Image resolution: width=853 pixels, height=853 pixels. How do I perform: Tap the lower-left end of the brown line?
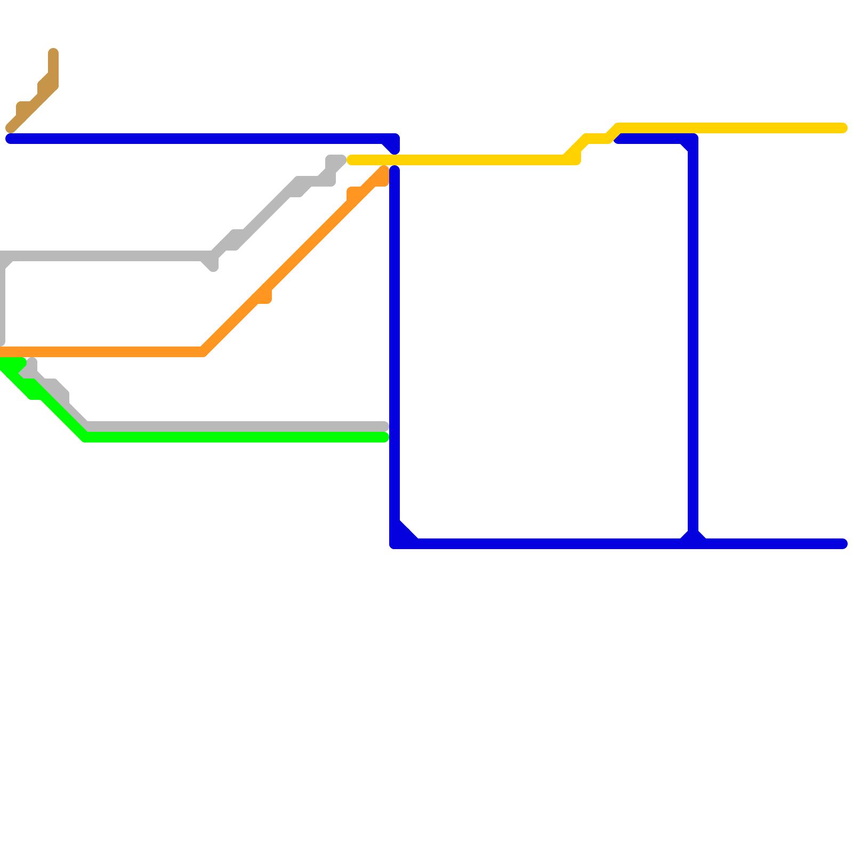[10, 128]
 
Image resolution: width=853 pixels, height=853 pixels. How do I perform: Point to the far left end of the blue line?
[10, 139]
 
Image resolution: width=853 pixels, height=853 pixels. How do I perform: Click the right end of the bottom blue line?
[843, 544]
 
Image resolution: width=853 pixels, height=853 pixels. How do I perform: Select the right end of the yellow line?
[843, 128]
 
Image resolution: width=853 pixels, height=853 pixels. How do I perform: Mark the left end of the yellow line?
[351, 160]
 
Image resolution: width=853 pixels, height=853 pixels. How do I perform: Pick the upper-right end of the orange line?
[384, 171]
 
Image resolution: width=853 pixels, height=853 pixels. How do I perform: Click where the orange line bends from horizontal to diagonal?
[203, 352]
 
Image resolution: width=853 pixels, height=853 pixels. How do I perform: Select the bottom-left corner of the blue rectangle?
[395, 544]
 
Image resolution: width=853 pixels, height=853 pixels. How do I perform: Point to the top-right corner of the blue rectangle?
[693, 139]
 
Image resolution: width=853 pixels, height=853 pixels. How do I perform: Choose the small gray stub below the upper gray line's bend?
[213, 265]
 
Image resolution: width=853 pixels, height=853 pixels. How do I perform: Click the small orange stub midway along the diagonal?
[266, 297]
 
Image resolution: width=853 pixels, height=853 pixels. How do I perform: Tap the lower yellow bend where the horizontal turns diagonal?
[566, 159]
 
